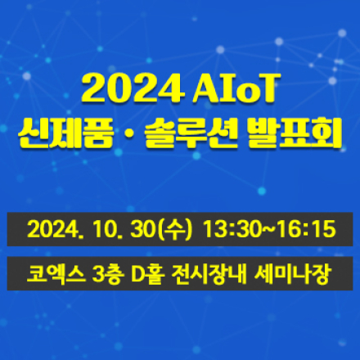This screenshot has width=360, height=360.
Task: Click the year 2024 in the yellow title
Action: (x=130, y=88)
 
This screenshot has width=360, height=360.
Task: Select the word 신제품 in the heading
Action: (x=73, y=132)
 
